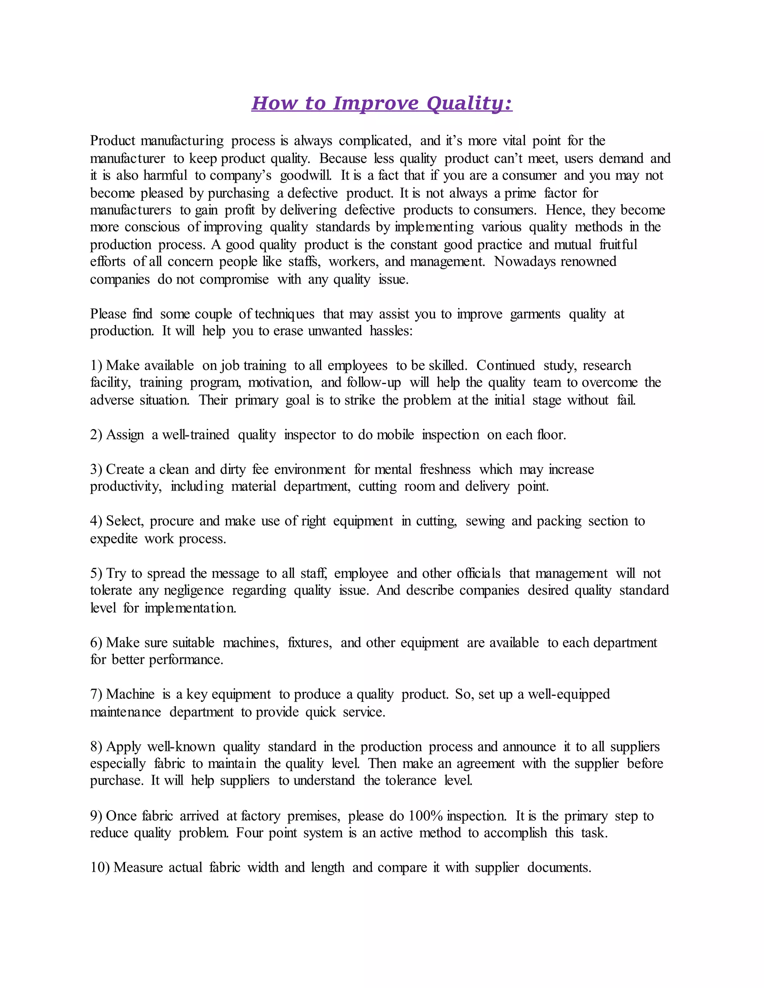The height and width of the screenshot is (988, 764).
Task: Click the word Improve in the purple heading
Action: [x=375, y=103]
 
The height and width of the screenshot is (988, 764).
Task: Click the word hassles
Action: [x=391, y=331]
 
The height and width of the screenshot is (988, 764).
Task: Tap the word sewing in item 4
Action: [x=485, y=521]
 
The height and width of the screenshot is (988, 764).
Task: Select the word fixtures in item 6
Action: [x=310, y=643]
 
